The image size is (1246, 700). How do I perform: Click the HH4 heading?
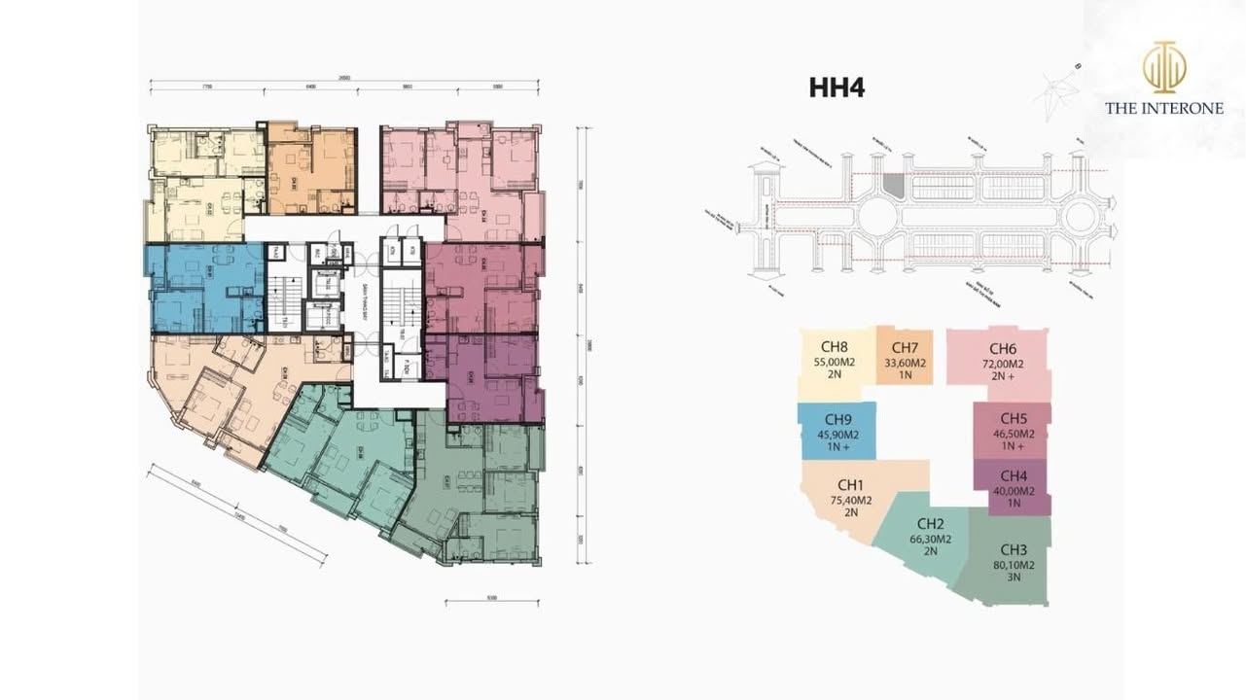(x=837, y=87)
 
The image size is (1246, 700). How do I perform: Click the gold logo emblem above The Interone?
(x=1163, y=68)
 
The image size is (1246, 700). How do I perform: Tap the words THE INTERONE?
(x=1163, y=109)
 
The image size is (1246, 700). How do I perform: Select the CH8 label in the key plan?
(x=835, y=346)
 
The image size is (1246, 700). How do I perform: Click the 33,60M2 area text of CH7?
(x=905, y=363)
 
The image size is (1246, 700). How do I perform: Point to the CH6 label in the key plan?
(x=1003, y=349)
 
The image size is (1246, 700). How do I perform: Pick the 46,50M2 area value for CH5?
(x=1013, y=434)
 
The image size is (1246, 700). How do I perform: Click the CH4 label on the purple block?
(x=1013, y=475)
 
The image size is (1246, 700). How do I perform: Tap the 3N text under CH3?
(x=1013, y=577)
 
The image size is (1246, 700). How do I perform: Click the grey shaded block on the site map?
(x=894, y=186)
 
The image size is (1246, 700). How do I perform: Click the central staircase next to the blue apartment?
(x=280, y=301)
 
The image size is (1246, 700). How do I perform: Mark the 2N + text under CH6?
(x=1003, y=377)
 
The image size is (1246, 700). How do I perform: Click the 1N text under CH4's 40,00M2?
(x=1013, y=503)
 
